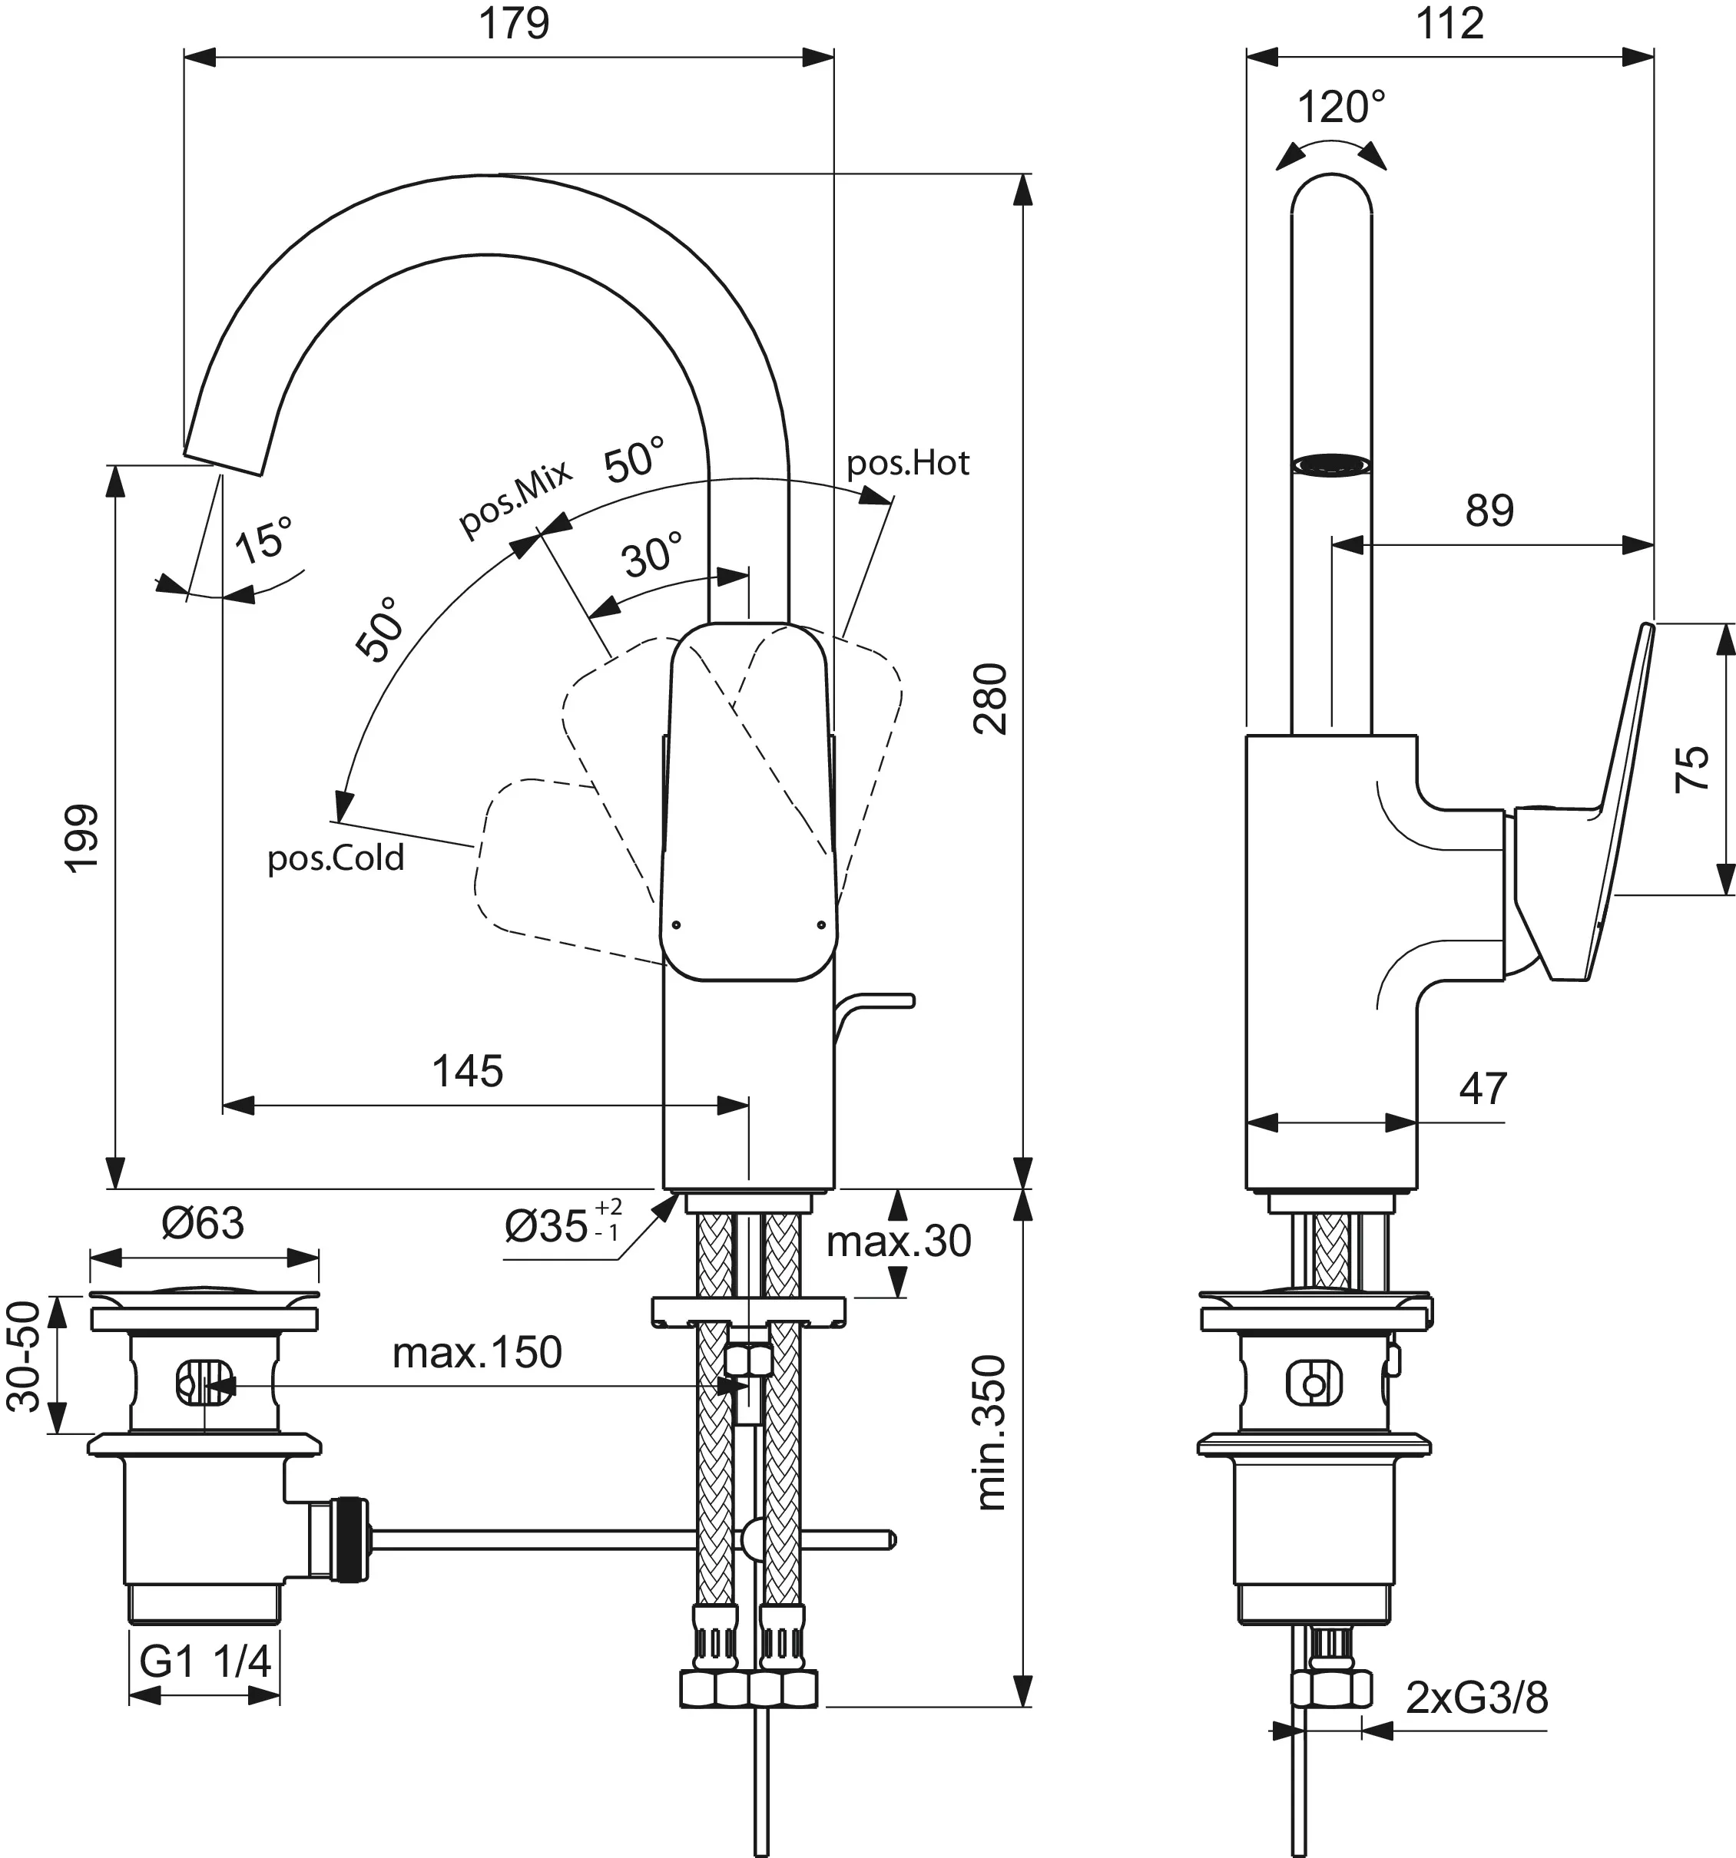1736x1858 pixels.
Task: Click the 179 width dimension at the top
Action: click(x=513, y=23)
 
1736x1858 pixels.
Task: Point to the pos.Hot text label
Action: click(x=908, y=463)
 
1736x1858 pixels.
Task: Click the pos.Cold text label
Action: click(x=336, y=857)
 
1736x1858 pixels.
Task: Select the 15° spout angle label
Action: click(x=263, y=541)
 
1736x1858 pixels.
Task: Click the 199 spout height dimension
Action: click(x=82, y=838)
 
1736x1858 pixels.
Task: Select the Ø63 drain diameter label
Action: click(x=203, y=1222)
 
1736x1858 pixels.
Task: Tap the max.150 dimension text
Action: click(x=477, y=1352)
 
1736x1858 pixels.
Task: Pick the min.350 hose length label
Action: click(x=991, y=1432)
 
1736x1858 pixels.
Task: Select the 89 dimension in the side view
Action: click(x=1488, y=511)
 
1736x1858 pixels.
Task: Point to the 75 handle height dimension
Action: click(x=1692, y=769)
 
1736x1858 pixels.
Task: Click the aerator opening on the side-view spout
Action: click(x=1331, y=464)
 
